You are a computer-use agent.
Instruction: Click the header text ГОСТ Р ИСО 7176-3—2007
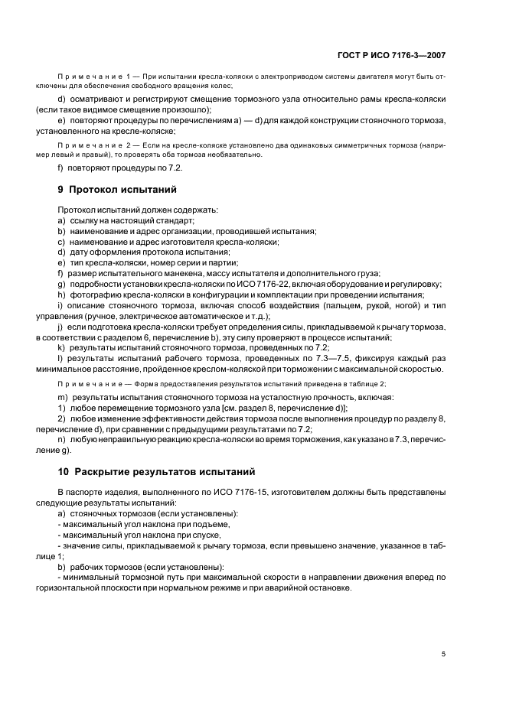point(391,55)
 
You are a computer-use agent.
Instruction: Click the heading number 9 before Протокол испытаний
point(61,189)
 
